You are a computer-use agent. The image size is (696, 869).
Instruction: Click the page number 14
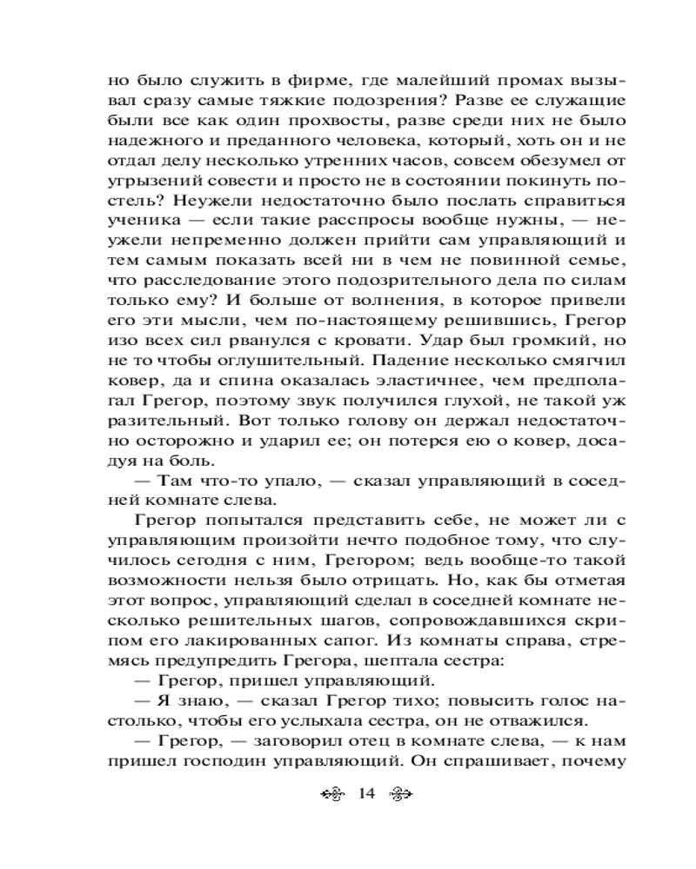coord(365,793)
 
